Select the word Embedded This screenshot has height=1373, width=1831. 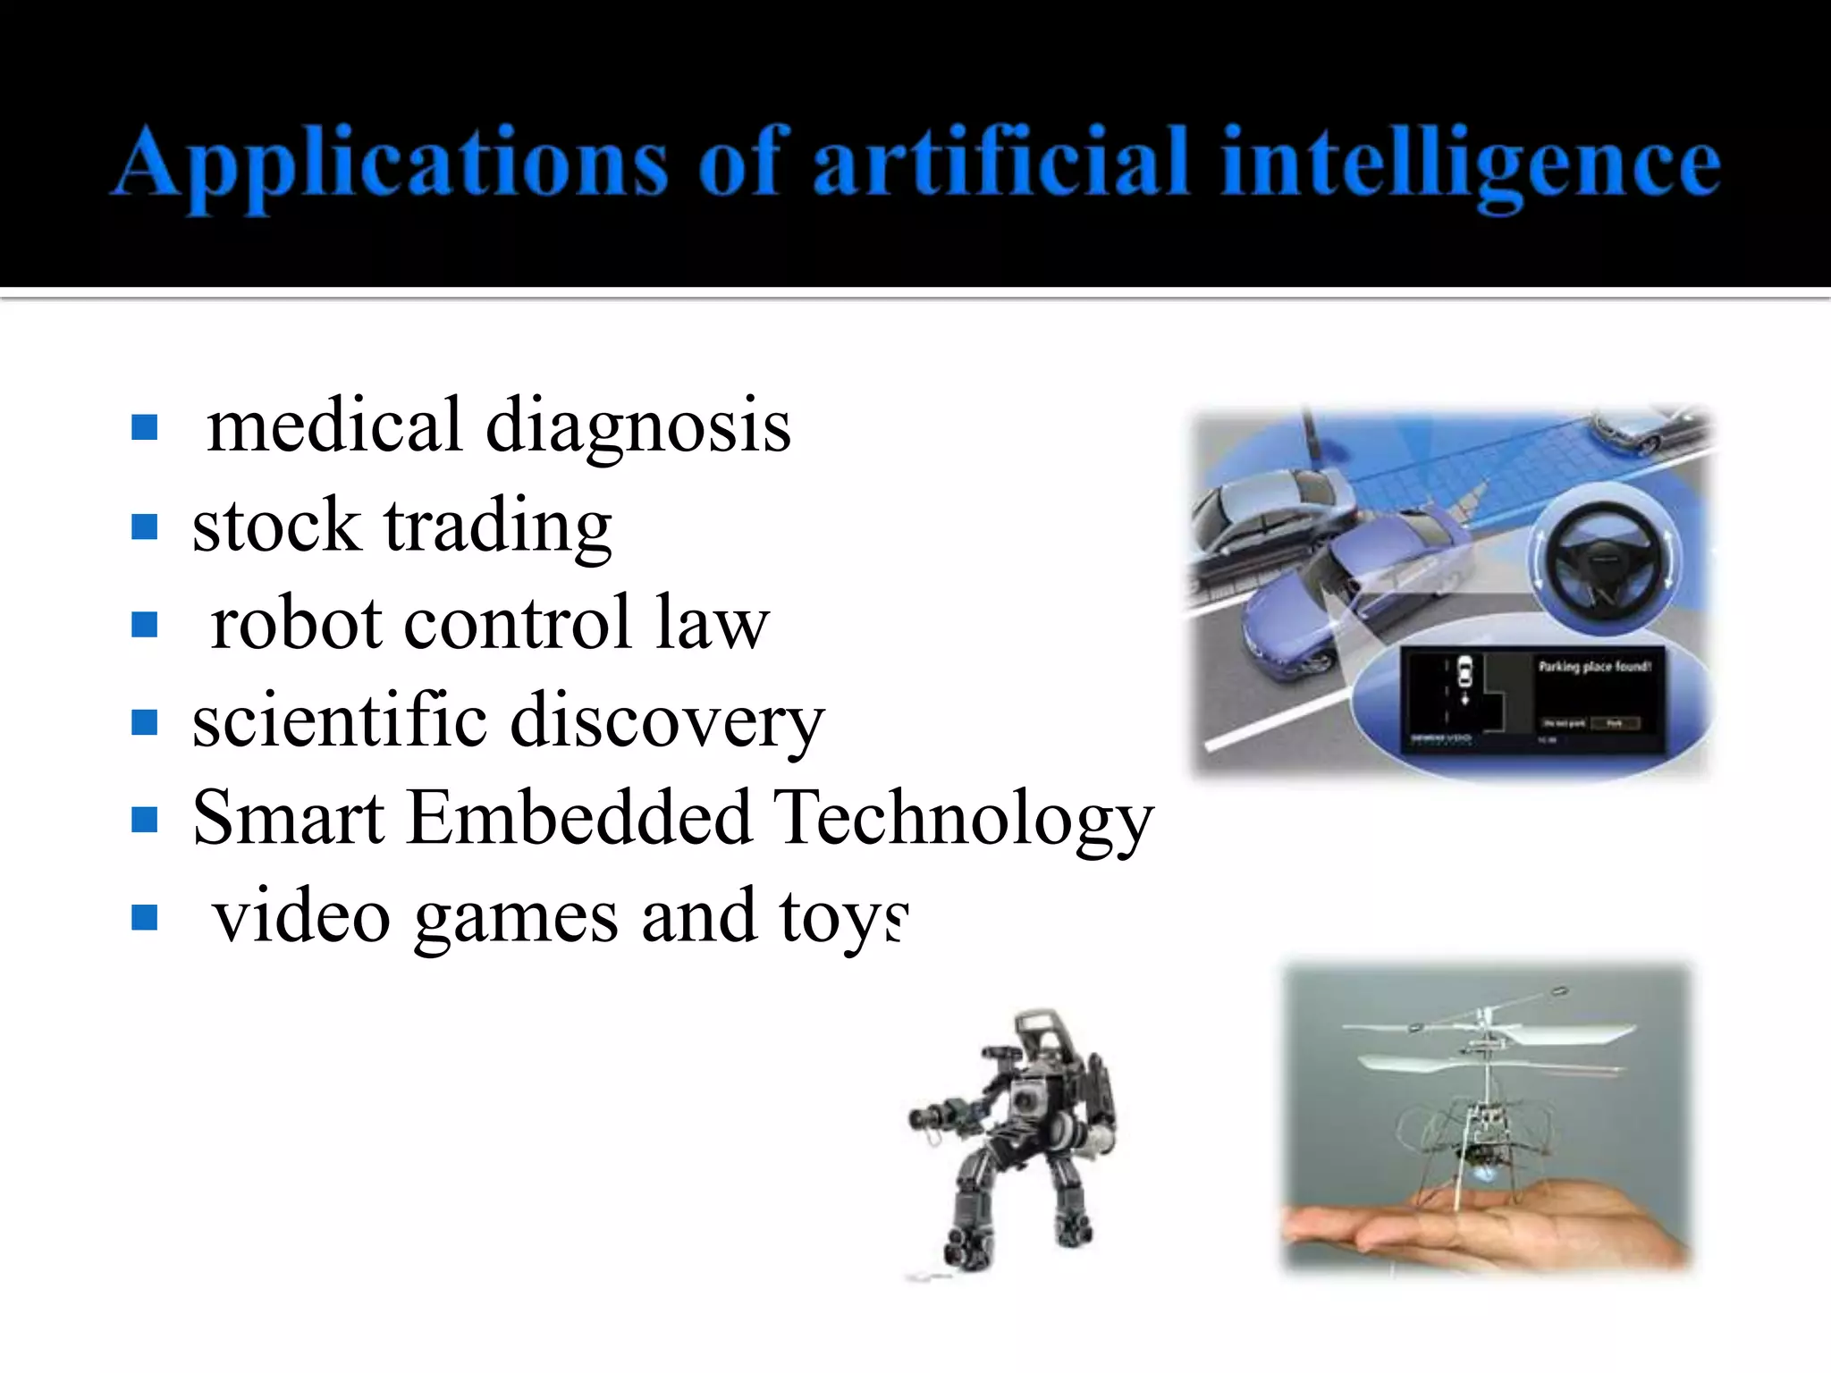point(578,818)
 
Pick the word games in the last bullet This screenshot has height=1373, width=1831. point(516,919)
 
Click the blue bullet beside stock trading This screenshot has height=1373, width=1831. point(144,526)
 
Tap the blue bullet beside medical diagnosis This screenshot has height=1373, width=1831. point(144,428)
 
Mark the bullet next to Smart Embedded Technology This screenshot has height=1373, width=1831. point(144,820)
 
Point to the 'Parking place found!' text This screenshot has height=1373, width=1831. point(1594,667)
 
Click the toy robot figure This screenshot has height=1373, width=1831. point(1015,1140)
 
